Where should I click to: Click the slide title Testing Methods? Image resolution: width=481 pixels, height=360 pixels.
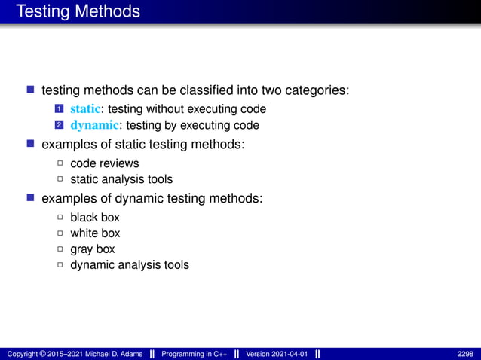(x=78, y=12)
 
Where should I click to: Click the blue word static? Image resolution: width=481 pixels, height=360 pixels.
(x=85, y=109)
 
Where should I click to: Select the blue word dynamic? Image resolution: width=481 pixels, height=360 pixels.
(x=94, y=125)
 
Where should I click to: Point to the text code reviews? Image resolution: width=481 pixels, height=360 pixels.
(x=104, y=163)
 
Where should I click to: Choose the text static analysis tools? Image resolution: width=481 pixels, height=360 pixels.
(x=121, y=179)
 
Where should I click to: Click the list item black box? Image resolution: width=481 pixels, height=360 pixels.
(x=95, y=218)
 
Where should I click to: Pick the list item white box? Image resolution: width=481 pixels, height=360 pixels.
(x=95, y=233)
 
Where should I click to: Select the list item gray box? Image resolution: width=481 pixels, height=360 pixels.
(x=93, y=249)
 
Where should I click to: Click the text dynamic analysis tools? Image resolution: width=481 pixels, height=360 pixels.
(x=130, y=265)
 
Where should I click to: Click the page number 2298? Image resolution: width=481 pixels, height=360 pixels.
(x=465, y=354)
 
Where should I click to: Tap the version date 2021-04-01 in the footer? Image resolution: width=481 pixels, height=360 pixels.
(x=288, y=354)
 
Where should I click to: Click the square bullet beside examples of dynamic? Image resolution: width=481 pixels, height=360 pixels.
(x=31, y=198)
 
